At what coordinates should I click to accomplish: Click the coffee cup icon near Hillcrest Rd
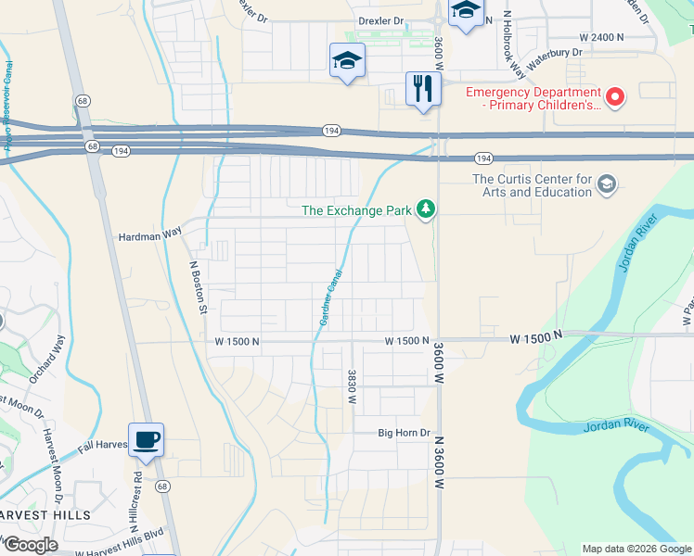(146, 439)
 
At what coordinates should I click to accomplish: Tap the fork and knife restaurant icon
(422, 89)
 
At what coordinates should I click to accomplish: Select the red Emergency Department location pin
(614, 96)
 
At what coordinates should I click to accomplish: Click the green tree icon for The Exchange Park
(426, 209)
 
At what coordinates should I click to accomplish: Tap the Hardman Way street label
(149, 235)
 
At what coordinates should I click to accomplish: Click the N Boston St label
(197, 286)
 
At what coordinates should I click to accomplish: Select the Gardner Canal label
(330, 297)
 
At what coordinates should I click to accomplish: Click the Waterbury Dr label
(554, 58)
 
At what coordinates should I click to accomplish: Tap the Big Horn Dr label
(405, 433)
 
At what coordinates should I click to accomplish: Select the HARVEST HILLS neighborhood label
(45, 515)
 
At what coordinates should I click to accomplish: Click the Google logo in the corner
(30, 545)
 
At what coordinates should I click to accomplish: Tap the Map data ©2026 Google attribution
(636, 549)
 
